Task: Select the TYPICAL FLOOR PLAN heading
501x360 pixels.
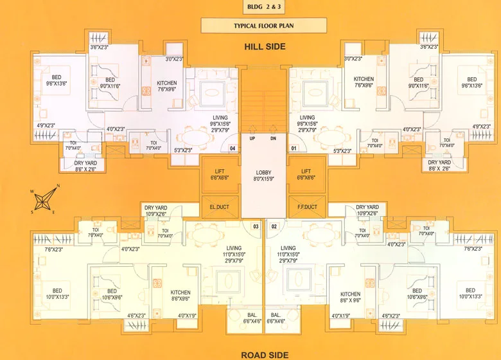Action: tap(251, 26)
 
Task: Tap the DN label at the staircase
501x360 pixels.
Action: tap(272, 138)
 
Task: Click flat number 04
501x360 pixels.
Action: tap(233, 148)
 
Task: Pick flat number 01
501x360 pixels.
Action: tap(295, 148)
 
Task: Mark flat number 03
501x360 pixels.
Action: tap(255, 226)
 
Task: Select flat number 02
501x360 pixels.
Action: tap(274, 226)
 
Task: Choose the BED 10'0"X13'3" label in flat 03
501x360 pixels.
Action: tap(57, 294)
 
